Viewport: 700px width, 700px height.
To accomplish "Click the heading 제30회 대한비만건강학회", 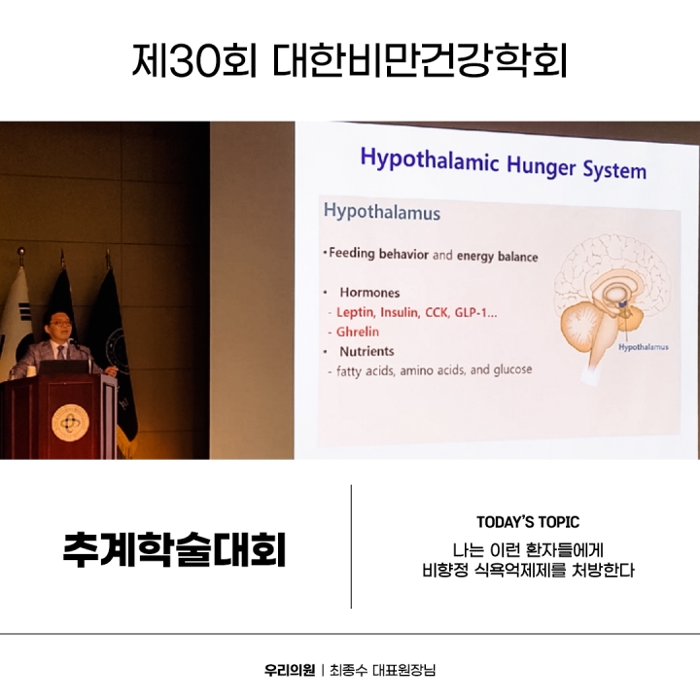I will [349, 59].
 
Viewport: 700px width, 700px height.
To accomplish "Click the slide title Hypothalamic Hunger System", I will [503, 163].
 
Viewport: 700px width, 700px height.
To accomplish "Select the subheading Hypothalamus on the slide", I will [381, 212].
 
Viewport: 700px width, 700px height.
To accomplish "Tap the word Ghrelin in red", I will [358, 332].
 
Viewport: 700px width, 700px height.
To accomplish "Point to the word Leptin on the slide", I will [355, 312].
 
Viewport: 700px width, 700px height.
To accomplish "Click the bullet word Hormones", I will [369, 292].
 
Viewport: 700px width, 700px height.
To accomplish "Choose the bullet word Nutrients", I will [368, 350].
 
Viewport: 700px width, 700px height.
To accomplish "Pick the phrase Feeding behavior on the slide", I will [379, 255].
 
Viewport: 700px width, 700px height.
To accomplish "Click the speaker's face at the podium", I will [59, 326].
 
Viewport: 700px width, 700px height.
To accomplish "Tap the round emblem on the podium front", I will [69, 422].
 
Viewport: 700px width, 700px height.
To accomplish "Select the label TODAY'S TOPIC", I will [528, 522].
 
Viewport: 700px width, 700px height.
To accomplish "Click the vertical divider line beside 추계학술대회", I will [351, 546].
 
